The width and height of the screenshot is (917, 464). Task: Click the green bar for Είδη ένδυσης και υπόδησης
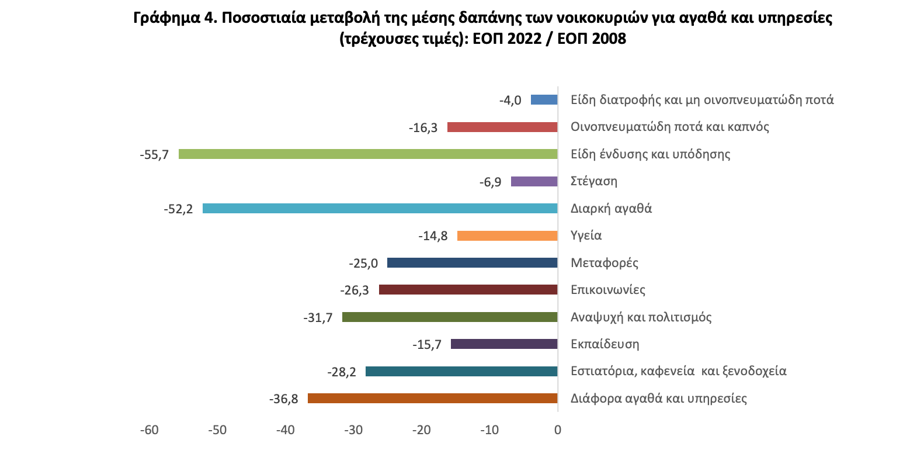click(x=368, y=154)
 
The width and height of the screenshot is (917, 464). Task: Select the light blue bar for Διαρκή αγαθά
click(x=380, y=209)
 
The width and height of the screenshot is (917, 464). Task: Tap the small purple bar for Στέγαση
click(x=534, y=182)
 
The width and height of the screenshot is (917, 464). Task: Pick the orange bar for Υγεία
click(x=507, y=236)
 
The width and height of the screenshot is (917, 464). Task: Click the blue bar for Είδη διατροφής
click(x=544, y=100)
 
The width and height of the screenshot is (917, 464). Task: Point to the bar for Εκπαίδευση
click(x=504, y=344)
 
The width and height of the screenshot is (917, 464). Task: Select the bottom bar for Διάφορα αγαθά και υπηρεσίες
click(x=432, y=399)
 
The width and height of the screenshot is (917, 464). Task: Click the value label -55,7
click(x=154, y=155)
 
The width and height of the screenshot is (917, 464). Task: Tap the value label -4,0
click(x=510, y=101)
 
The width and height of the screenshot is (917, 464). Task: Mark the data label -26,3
click(x=355, y=290)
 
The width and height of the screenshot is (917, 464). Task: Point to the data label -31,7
click(x=318, y=318)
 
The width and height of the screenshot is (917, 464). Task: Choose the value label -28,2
click(x=342, y=372)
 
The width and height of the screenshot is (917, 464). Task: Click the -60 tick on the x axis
click(x=150, y=430)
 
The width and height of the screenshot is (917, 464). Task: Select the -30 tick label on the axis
click(x=353, y=430)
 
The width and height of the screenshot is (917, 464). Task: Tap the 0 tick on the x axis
click(x=558, y=430)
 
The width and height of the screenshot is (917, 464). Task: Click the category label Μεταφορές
click(x=604, y=263)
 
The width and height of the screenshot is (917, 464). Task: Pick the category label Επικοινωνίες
click(x=607, y=290)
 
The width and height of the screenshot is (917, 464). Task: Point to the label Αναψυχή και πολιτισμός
click(x=641, y=317)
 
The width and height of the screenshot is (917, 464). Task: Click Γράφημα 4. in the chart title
click(x=175, y=18)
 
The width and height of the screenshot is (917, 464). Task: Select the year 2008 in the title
click(x=609, y=39)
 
